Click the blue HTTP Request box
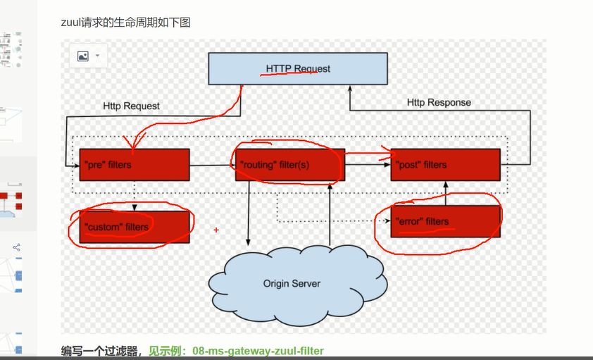pyautogui.click(x=297, y=69)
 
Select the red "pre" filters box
pyautogui.click(x=134, y=165)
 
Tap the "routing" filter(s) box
pyautogui.click(x=289, y=165)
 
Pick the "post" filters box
pyautogui.click(x=445, y=165)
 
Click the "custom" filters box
pyautogui.click(x=134, y=227)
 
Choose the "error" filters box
pyautogui.click(x=445, y=221)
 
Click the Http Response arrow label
pyautogui.click(x=439, y=103)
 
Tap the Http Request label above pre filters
pyautogui.click(x=131, y=106)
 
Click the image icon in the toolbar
pyautogui.click(x=83, y=56)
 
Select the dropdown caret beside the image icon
pyautogui.click(x=97, y=56)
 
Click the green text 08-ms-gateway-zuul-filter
pyautogui.click(x=258, y=350)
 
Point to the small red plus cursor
pyautogui.click(x=216, y=230)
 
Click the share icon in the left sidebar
pyautogui.click(x=16, y=247)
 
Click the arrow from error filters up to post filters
pyautogui.click(x=444, y=193)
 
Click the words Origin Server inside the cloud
pyautogui.click(x=292, y=284)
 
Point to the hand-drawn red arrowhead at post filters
pyautogui.click(x=386, y=150)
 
